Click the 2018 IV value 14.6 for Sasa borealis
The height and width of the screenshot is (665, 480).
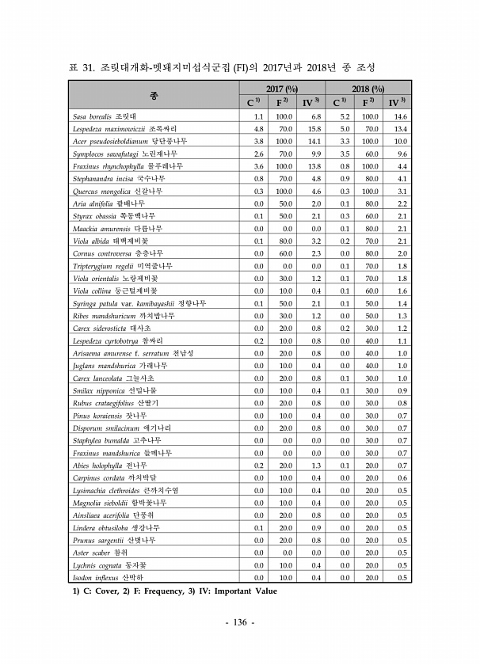click(401, 116)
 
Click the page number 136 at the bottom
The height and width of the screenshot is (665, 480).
click(239, 622)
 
